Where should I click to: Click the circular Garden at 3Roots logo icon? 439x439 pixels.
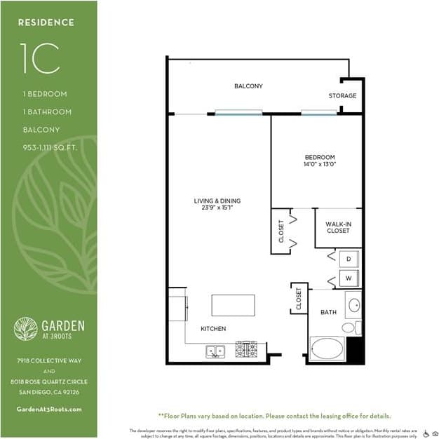coord(26,329)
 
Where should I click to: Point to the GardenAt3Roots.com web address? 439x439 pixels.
coord(48,410)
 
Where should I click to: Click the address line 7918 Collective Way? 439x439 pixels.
coord(48,360)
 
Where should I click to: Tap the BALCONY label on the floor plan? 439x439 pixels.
coord(248,86)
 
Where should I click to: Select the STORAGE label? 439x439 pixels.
coord(342,95)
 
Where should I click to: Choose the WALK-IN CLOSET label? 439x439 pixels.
coord(337,228)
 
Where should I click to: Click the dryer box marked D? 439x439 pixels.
coord(349,259)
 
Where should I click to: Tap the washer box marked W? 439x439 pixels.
coord(349,278)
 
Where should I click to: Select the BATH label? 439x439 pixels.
coord(327,312)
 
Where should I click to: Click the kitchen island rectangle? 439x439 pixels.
coord(233,306)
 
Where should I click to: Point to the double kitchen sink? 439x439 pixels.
coord(215,351)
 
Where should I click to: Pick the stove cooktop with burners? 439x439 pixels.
coord(245,349)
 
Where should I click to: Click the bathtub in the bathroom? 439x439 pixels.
coord(327,349)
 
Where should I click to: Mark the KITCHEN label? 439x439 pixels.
coord(212,328)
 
